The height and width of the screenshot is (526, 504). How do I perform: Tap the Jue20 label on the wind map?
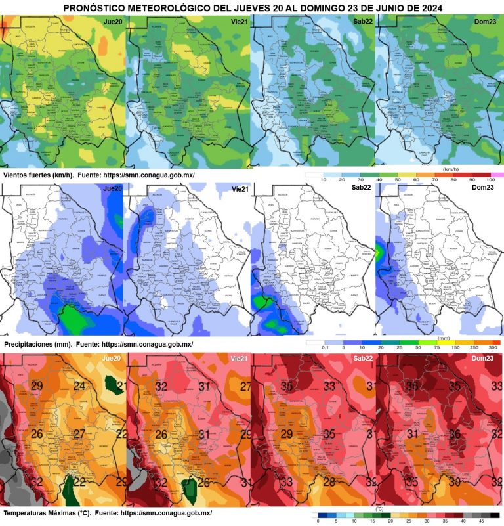112,22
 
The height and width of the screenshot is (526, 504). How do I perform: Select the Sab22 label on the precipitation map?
362,188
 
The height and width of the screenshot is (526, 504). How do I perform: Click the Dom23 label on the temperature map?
484,359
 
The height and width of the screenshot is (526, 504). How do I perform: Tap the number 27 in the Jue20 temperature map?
79,433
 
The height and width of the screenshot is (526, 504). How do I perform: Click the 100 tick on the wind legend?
490,179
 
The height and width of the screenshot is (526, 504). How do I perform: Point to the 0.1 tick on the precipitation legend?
324,347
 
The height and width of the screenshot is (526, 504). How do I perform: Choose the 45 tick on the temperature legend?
481,521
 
